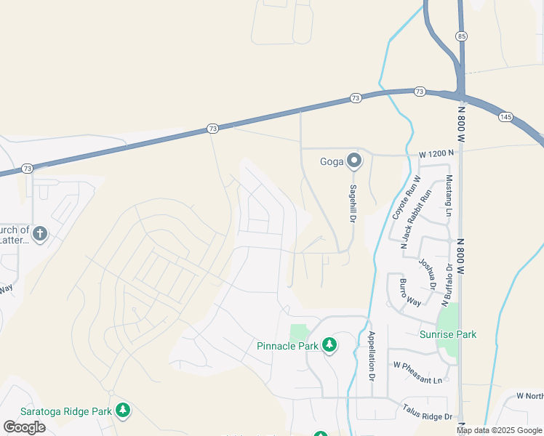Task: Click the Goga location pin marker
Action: click(x=353, y=161)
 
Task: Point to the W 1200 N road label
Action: click(x=436, y=153)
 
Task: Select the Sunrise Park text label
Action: click(x=448, y=334)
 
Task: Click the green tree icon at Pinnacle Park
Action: click(x=329, y=344)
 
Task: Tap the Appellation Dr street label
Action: click(x=371, y=357)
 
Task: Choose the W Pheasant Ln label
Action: click(x=417, y=380)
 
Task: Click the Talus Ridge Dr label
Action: click(x=428, y=412)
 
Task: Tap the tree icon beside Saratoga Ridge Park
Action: click(x=123, y=411)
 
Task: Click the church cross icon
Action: click(x=41, y=234)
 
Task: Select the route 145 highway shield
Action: click(x=506, y=116)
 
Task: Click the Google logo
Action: click(x=24, y=427)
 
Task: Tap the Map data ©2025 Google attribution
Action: click(x=499, y=430)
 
